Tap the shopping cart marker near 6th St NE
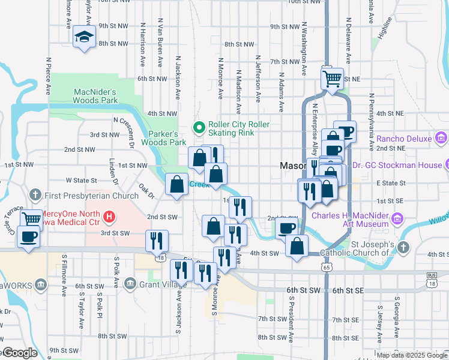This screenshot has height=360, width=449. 332,79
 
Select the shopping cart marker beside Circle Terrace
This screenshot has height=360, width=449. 31,220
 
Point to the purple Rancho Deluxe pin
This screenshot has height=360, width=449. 441,139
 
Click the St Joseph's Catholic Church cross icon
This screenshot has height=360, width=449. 403,247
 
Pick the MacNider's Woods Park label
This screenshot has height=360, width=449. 95,96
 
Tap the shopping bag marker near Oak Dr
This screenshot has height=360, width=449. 176,185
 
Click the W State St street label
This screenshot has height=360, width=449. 81,180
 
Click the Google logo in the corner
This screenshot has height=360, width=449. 20,353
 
